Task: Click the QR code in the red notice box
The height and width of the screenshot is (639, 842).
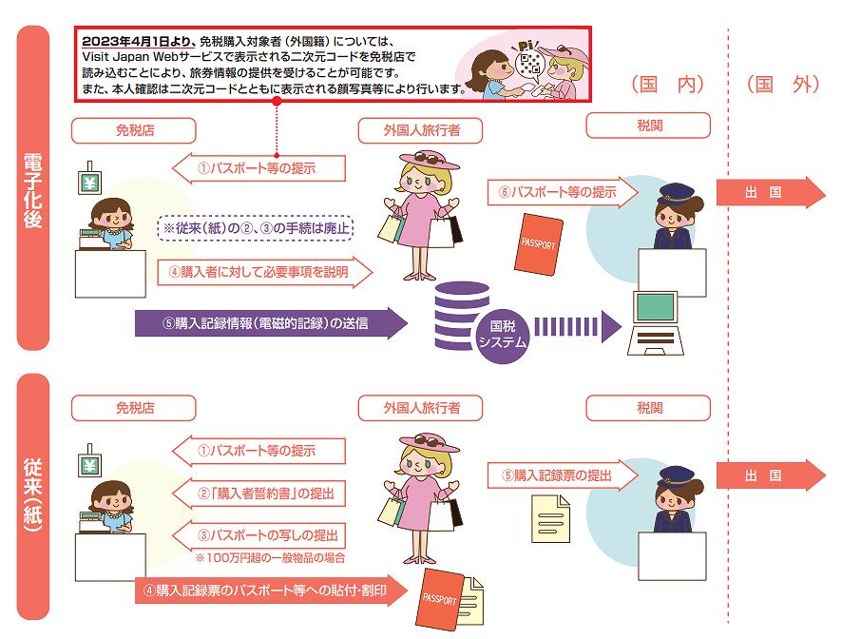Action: pos(530,63)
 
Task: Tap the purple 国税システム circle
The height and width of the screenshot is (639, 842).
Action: pos(502,334)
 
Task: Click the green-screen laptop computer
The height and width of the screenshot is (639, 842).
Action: pos(656,323)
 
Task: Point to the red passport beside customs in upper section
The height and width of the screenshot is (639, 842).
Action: pos(539,244)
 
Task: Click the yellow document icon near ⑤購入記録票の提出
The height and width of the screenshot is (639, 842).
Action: pos(551,518)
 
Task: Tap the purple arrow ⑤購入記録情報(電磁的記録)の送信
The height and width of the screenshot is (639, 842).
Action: pos(271,323)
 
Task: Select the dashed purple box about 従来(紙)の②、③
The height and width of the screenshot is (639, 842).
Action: pos(255,228)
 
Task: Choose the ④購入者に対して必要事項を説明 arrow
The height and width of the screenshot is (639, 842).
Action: pos(265,272)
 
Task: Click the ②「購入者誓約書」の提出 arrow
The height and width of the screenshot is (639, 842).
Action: pos(258,493)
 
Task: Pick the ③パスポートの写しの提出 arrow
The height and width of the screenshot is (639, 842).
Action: pos(258,534)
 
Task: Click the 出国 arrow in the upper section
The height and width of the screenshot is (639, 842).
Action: pos(771,192)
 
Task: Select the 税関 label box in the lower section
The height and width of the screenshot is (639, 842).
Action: pos(648,408)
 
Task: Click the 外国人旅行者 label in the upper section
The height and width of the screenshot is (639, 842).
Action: pos(422,130)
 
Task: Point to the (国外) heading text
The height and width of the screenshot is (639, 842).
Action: pos(783,85)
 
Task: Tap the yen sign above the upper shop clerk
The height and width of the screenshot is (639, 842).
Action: pos(89,184)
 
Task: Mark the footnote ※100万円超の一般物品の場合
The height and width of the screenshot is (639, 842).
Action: pos(270,557)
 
